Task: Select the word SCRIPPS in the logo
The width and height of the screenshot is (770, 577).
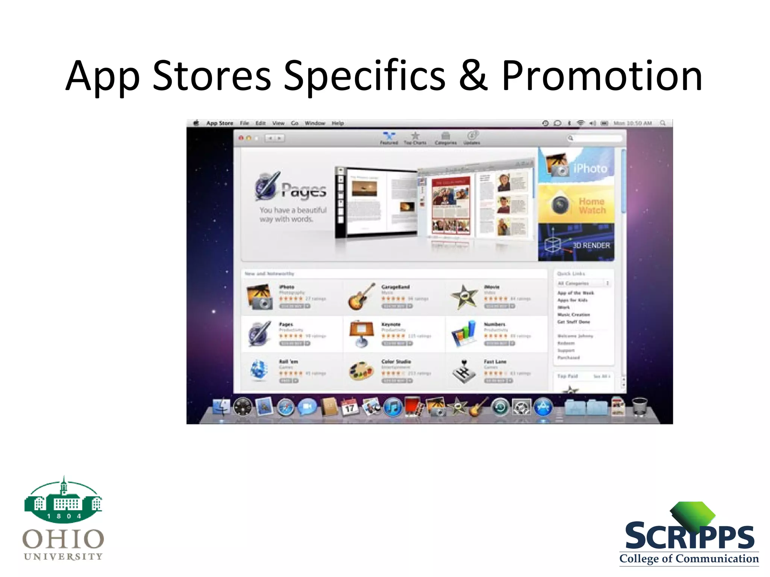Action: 690,536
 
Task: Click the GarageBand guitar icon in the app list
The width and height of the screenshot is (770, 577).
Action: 361,296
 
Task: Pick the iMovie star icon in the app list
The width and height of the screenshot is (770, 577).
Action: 464,296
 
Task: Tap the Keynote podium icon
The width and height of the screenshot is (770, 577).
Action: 361,334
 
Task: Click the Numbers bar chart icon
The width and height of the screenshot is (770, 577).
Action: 464,334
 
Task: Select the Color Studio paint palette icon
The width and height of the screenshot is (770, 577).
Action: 361,371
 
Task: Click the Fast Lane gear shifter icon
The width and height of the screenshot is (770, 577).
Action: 464,371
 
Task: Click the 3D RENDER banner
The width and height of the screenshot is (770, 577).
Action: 576,242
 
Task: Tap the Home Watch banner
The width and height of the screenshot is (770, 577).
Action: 576,204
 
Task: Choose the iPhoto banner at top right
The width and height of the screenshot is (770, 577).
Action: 576,166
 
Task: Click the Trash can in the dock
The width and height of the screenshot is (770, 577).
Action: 640,407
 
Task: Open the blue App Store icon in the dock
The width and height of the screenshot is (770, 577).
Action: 543,407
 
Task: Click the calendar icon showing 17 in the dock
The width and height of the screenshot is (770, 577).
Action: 350,407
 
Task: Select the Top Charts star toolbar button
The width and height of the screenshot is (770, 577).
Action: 415,137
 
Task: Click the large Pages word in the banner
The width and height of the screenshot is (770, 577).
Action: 304,190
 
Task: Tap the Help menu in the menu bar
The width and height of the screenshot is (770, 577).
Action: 338,123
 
